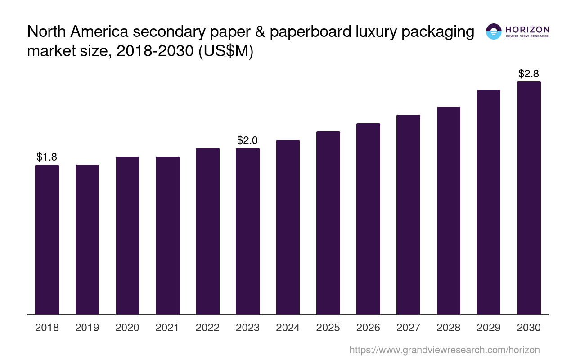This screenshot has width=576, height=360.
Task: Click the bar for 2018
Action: click(x=47, y=239)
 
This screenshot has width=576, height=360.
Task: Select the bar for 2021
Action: click(x=167, y=235)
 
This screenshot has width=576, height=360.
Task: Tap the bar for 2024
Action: click(x=288, y=227)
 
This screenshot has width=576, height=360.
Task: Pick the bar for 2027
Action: click(x=408, y=214)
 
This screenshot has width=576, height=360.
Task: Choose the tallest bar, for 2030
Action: click(x=529, y=198)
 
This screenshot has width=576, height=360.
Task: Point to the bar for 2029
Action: click(x=489, y=202)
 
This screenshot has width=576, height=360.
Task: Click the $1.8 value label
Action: click(x=47, y=157)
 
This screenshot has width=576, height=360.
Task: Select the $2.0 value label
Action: click(x=247, y=140)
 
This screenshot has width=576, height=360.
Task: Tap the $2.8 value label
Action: click(x=529, y=74)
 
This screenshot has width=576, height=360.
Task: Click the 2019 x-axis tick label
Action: click(x=87, y=328)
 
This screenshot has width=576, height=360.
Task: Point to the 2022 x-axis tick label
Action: click(x=207, y=328)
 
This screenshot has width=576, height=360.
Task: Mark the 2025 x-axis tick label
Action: click(x=328, y=328)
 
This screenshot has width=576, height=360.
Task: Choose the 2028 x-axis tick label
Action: click(x=449, y=328)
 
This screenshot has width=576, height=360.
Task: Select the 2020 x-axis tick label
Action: click(x=127, y=328)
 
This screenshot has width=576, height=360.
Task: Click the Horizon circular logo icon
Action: click(x=494, y=31)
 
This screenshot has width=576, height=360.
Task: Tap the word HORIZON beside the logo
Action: click(x=527, y=29)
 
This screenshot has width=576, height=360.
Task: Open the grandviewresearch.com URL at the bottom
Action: click(x=444, y=350)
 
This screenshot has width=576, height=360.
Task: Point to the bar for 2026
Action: click(x=368, y=219)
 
